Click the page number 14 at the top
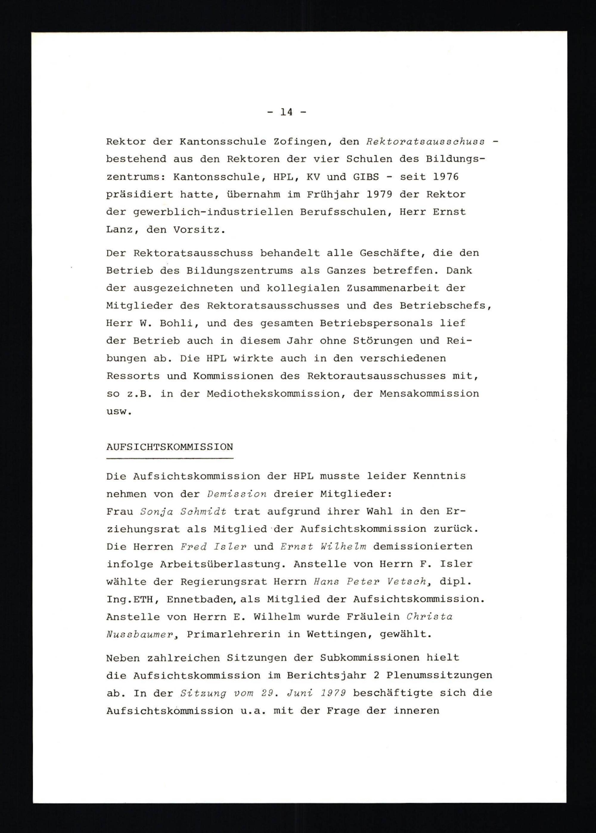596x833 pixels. coord(287,112)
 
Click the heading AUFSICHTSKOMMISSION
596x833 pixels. coord(170,447)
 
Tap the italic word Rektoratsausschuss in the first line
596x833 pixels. coord(425,142)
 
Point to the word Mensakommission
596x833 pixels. coord(429,394)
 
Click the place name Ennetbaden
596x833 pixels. coord(201,600)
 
